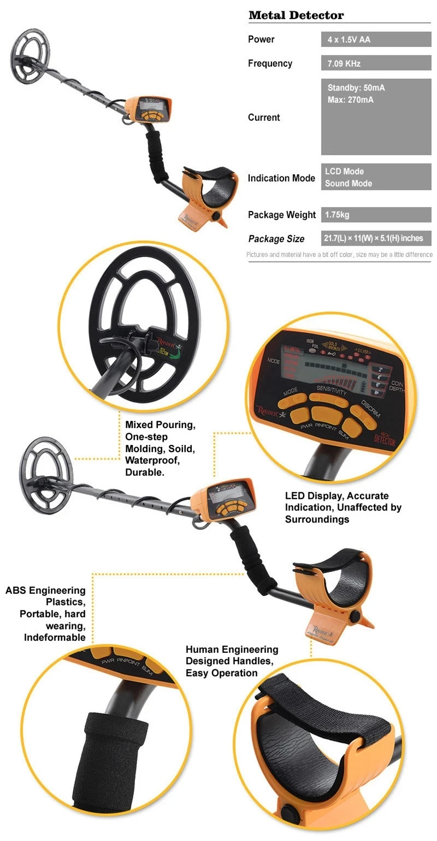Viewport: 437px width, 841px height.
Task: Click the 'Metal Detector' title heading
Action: [296, 15]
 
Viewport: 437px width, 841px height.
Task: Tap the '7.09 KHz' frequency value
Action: [344, 63]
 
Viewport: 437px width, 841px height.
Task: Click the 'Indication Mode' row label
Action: [281, 178]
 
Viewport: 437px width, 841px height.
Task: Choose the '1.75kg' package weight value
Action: [337, 215]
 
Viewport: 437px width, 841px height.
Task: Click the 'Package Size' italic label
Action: [276, 239]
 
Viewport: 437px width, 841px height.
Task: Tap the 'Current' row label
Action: [264, 118]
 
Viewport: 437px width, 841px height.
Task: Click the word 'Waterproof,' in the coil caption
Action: [152, 460]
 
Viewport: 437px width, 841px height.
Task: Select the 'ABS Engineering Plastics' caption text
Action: [46, 596]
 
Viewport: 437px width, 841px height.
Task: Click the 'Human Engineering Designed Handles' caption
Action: [232, 655]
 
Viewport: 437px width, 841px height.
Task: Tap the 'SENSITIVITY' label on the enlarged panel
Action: [331, 392]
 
